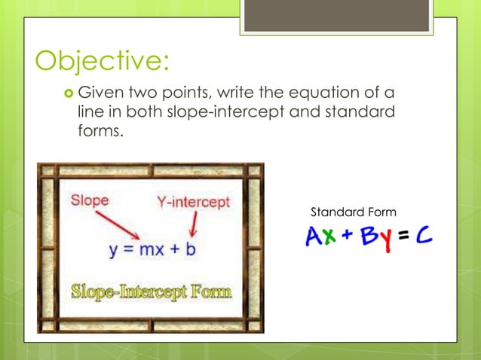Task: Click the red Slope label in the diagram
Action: tap(90, 200)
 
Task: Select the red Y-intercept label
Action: tap(193, 202)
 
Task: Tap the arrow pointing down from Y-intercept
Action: tap(195, 224)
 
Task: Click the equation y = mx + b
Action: tap(152, 249)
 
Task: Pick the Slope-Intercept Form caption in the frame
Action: tap(151, 291)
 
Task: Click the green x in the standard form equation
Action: tap(330, 239)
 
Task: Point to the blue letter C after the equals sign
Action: tap(424, 238)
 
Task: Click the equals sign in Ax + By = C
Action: tap(406, 239)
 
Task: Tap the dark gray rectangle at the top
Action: tap(336, 15)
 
